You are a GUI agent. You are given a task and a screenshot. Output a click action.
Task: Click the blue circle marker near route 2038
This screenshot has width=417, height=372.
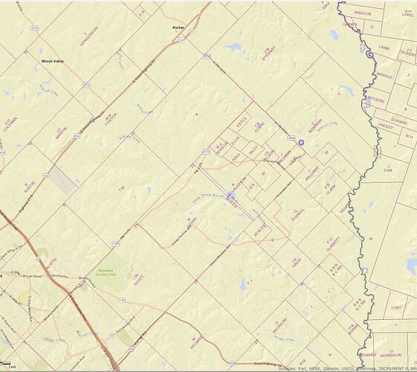tap(302, 132)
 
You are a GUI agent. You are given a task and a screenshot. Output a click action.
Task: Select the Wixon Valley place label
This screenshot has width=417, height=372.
tap(52, 61)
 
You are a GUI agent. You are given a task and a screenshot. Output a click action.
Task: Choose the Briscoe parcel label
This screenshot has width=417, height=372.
tap(363, 13)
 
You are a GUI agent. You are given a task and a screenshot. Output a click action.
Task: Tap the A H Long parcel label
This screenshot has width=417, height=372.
tap(407, 12)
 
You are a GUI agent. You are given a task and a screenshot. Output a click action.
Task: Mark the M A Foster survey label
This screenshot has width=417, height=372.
tap(109, 117)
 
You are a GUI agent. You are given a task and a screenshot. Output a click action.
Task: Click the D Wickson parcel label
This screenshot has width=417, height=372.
tap(279, 325)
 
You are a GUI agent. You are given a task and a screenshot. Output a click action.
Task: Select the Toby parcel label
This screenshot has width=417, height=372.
tap(396, 307)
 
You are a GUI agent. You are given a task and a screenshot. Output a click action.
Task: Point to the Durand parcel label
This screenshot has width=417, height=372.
tap(398, 120)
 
